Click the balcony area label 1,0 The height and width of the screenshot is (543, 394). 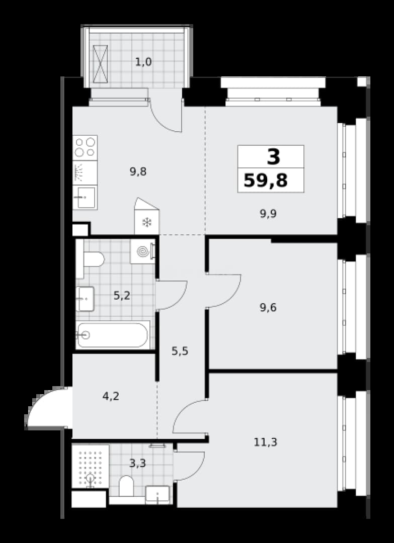tap(144, 63)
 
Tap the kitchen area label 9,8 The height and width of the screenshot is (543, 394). tap(138, 171)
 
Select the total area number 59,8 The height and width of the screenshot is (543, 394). tap(266, 180)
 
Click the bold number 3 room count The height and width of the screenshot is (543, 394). tap(273, 156)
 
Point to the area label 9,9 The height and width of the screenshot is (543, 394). tap(268, 214)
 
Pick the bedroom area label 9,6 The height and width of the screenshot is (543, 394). tap(268, 307)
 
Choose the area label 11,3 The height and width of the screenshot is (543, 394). tap(266, 442)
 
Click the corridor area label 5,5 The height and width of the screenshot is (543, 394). tap(180, 351)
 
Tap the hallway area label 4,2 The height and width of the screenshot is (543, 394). tap(111, 396)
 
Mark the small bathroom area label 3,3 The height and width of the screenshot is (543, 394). tap(137, 463)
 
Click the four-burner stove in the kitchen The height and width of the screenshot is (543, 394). tap(85, 147)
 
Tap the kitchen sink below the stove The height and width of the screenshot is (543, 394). tap(85, 198)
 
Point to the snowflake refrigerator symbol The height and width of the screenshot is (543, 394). tap(147, 222)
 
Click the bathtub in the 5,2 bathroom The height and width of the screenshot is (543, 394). tap(113, 335)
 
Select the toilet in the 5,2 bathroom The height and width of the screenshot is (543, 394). tap(90, 259)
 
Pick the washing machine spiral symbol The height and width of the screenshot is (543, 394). tap(143, 251)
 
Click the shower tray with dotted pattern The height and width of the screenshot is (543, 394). tap(90, 467)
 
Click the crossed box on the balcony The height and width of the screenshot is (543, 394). tap(101, 64)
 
